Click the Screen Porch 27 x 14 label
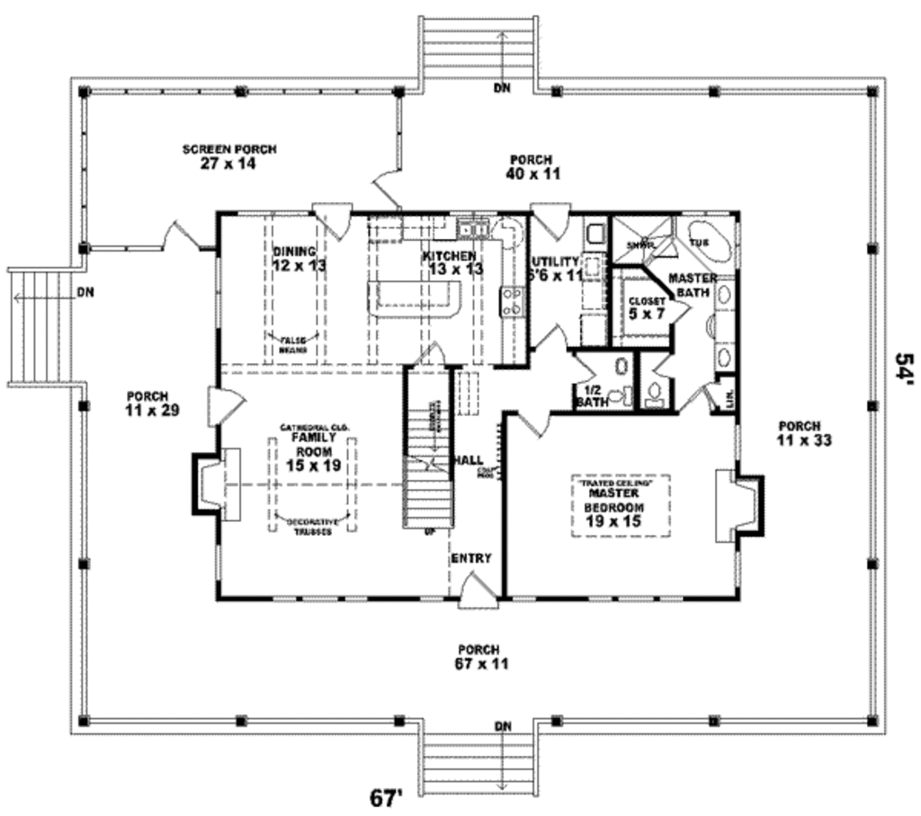click(x=229, y=156)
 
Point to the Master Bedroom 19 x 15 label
click(x=615, y=507)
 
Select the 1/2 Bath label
click(x=592, y=396)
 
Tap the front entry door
click(x=473, y=593)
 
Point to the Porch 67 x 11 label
click(x=483, y=656)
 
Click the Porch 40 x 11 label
click(x=532, y=167)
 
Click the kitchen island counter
click(x=414, y=297)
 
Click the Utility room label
click(x=557, y=268)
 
